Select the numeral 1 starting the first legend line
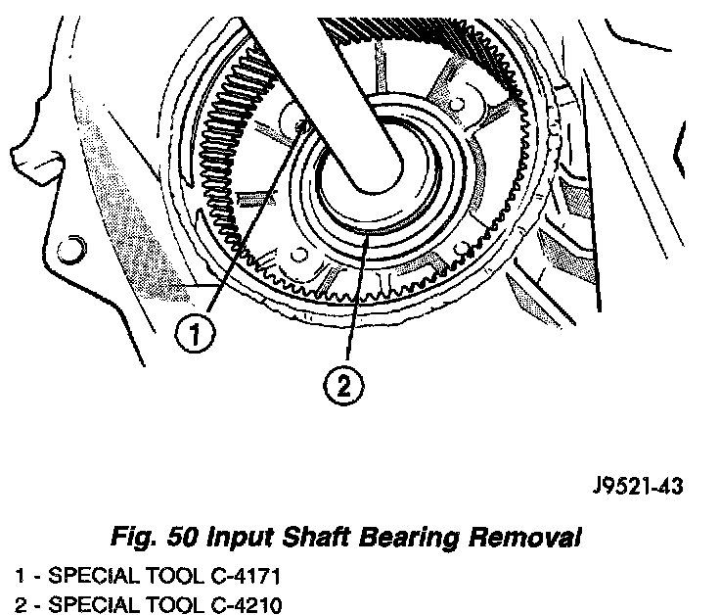tap(19, 572)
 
